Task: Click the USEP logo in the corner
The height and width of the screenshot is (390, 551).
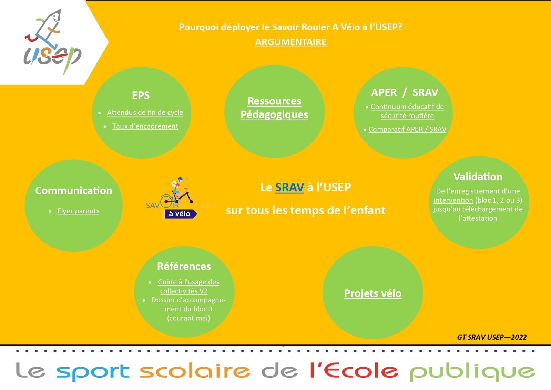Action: [x=52, y=42]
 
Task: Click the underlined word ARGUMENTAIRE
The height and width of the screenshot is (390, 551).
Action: [x=291, y=42]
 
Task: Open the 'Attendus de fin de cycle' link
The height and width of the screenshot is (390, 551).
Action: [x=145, y=112]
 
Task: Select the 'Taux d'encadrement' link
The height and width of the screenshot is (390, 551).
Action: [x=145, y=126]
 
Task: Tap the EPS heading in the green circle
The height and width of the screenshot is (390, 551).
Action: [x=141, y=95]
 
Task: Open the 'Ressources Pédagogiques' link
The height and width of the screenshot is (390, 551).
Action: [x=274, y=108]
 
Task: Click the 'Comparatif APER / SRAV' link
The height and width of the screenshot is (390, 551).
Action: [x=407, y=129]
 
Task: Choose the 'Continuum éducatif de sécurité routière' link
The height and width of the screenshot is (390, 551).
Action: [x=407, y=111]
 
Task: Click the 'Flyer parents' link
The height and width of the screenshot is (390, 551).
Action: [x=78, y=211]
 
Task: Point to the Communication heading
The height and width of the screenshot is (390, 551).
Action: [x=73, y=191]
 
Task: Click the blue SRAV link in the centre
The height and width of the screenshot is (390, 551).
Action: [x=289, y=187]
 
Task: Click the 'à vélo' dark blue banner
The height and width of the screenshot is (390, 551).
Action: [x=180, y=214]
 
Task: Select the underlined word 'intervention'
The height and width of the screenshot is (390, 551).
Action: [x=453, y=200]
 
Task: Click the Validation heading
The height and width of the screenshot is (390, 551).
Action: [x=478, y=177]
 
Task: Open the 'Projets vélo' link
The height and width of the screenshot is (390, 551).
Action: [x=373, y=293]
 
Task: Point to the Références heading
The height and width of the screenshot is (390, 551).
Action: [x=184, y=267]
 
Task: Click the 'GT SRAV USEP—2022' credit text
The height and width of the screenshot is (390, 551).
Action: [x=492, y=337]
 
